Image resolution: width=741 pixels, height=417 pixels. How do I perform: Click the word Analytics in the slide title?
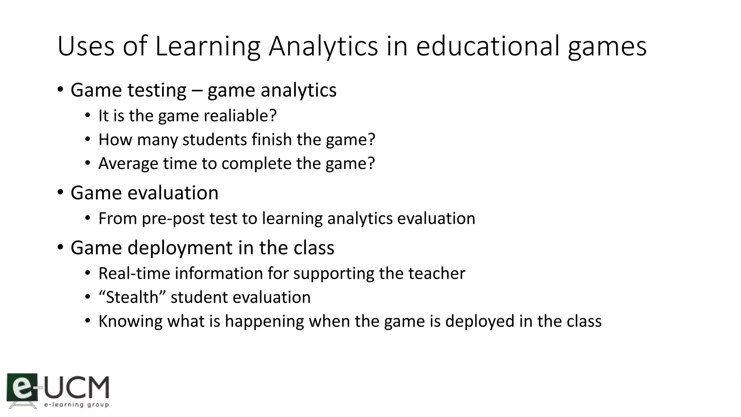[323, 46]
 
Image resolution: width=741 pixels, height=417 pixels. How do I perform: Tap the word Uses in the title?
[86, 46]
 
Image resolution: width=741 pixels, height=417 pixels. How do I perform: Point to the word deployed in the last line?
[480, 321]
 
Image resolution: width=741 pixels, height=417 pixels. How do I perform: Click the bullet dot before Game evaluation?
[60, 192]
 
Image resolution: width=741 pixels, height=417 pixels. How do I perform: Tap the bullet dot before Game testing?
[60, 89]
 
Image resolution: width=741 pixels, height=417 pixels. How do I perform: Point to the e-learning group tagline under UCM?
[76, 405]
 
